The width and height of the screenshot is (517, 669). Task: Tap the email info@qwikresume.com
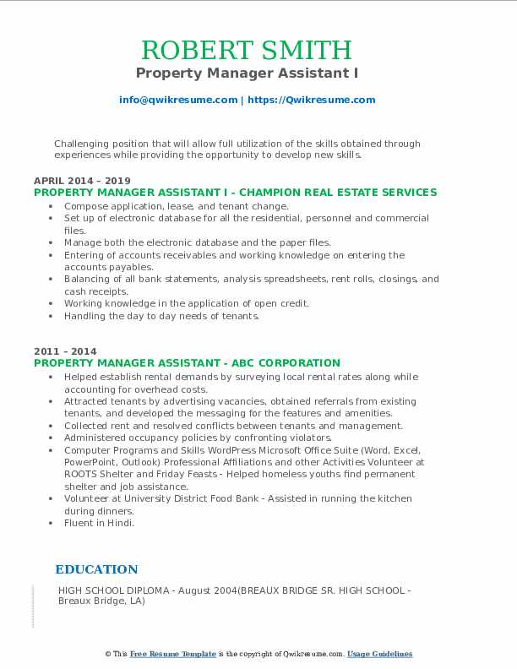tap(178, 100)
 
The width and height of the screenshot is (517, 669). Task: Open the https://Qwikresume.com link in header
tap(310, 100)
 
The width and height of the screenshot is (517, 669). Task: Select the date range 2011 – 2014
tap(65, 351)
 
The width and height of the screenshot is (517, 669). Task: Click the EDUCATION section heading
tap(96, 569)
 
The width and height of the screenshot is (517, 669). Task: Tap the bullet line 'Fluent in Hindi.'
tap(99, 523)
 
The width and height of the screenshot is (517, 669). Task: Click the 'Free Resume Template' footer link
tap(173, 654)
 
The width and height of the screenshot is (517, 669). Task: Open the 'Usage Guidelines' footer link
tap(379, 654)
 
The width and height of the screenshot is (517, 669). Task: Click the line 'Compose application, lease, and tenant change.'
tap(176, 206)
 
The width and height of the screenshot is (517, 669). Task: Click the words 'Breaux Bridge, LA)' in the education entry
tap(101, 601)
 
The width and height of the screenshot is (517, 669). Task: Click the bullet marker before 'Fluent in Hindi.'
tap(52, 523)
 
